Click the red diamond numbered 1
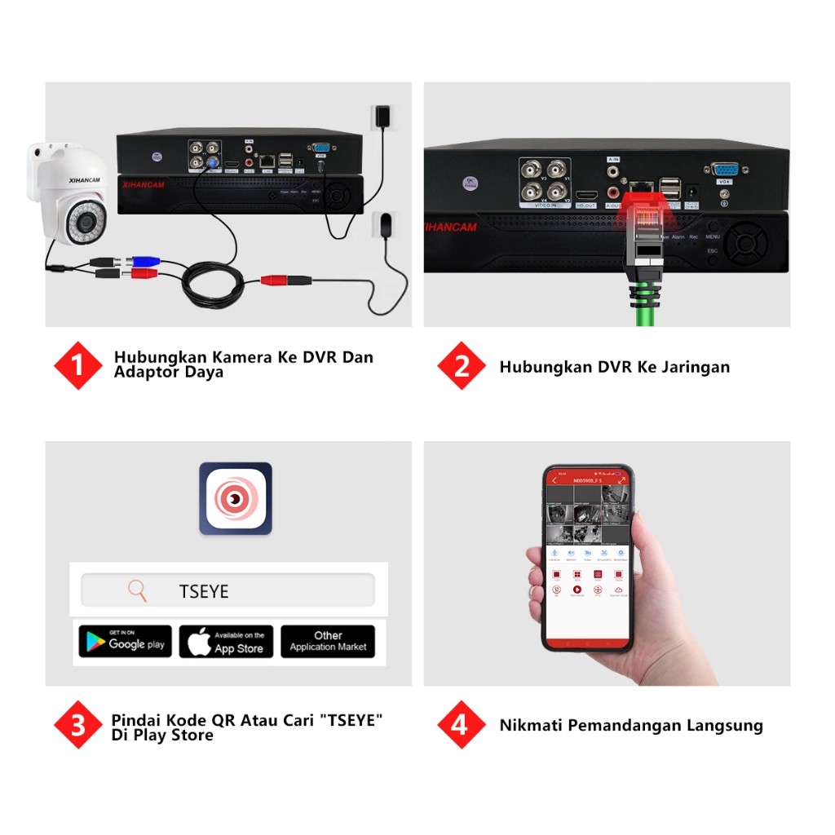77,365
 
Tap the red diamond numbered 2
462,365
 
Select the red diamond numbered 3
77,724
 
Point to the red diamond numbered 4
462,724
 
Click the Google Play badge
125,641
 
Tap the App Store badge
226,641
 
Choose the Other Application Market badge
328,641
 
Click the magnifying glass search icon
138,590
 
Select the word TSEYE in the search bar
204,591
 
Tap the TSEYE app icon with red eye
235,498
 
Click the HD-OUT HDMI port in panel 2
585,196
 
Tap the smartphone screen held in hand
587,559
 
